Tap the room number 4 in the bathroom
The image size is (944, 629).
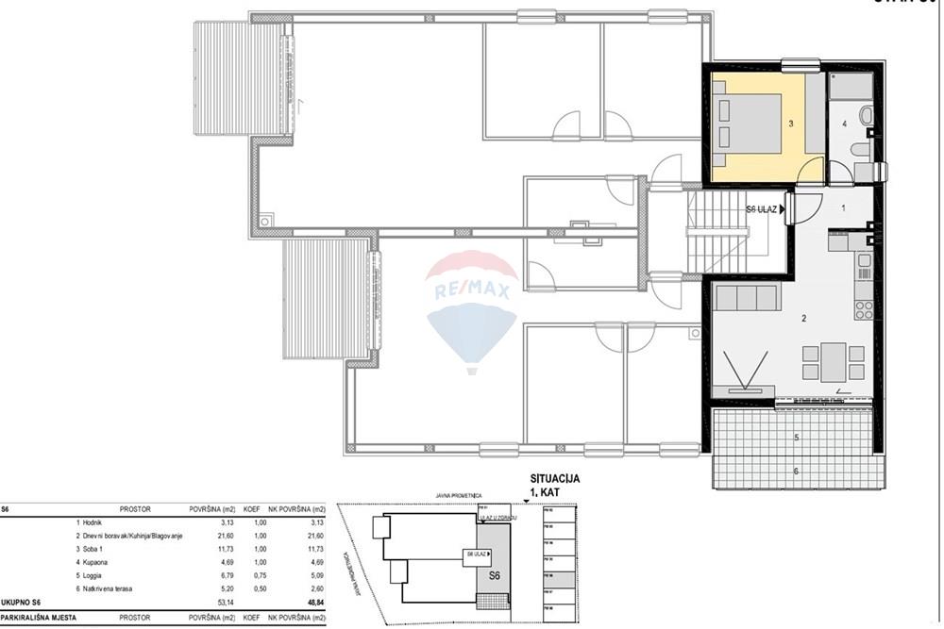(845, 124)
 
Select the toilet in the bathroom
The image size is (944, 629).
(861, 151)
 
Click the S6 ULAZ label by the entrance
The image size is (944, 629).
(761, 209)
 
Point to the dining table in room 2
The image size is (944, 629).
(834, 362)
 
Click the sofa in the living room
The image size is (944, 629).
(747, 299)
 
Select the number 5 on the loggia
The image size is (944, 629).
(796, 438)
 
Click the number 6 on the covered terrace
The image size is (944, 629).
(796, 471)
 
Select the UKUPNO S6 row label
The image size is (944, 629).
(23, 601)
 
